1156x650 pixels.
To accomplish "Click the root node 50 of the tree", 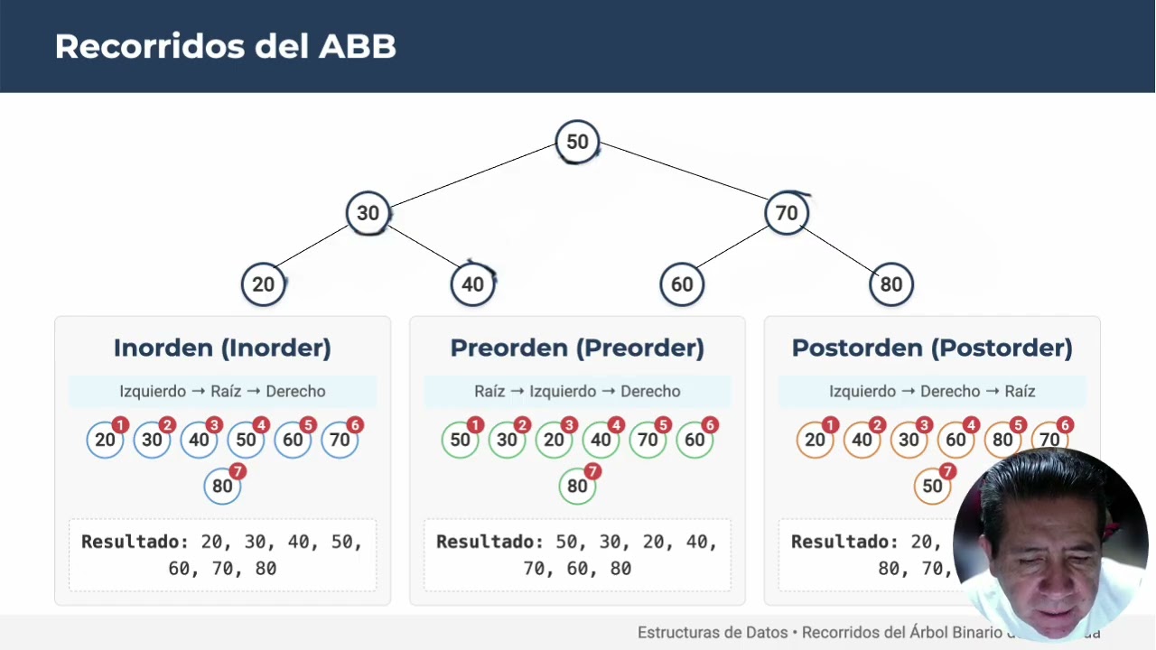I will point(577,142).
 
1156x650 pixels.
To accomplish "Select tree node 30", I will point(368,213).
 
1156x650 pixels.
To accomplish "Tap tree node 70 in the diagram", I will point(787,213).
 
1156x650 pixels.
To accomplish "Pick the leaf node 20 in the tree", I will point(263,284).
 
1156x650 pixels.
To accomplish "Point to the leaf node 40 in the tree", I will point(472,284).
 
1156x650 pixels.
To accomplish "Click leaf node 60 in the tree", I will point(682,284).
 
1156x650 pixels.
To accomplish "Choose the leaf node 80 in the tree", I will point(891,284).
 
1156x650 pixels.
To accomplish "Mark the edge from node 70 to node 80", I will point(839,249).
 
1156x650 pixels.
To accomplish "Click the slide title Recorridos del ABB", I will point(226,46).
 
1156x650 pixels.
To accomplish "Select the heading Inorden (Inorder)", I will point(222,348).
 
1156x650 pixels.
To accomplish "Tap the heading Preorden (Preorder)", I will point(577,348).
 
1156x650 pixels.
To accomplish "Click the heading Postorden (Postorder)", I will point(932,348).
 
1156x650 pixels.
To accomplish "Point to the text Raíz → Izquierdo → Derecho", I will point(577,391).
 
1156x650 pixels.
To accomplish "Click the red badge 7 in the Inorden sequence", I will point(238,471).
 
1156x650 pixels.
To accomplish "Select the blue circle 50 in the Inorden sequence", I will point(246,440).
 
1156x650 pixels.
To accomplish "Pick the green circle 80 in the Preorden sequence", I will point(577,486).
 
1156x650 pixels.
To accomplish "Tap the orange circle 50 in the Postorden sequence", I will point(932,486).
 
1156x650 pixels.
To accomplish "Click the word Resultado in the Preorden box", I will point(489,542).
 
